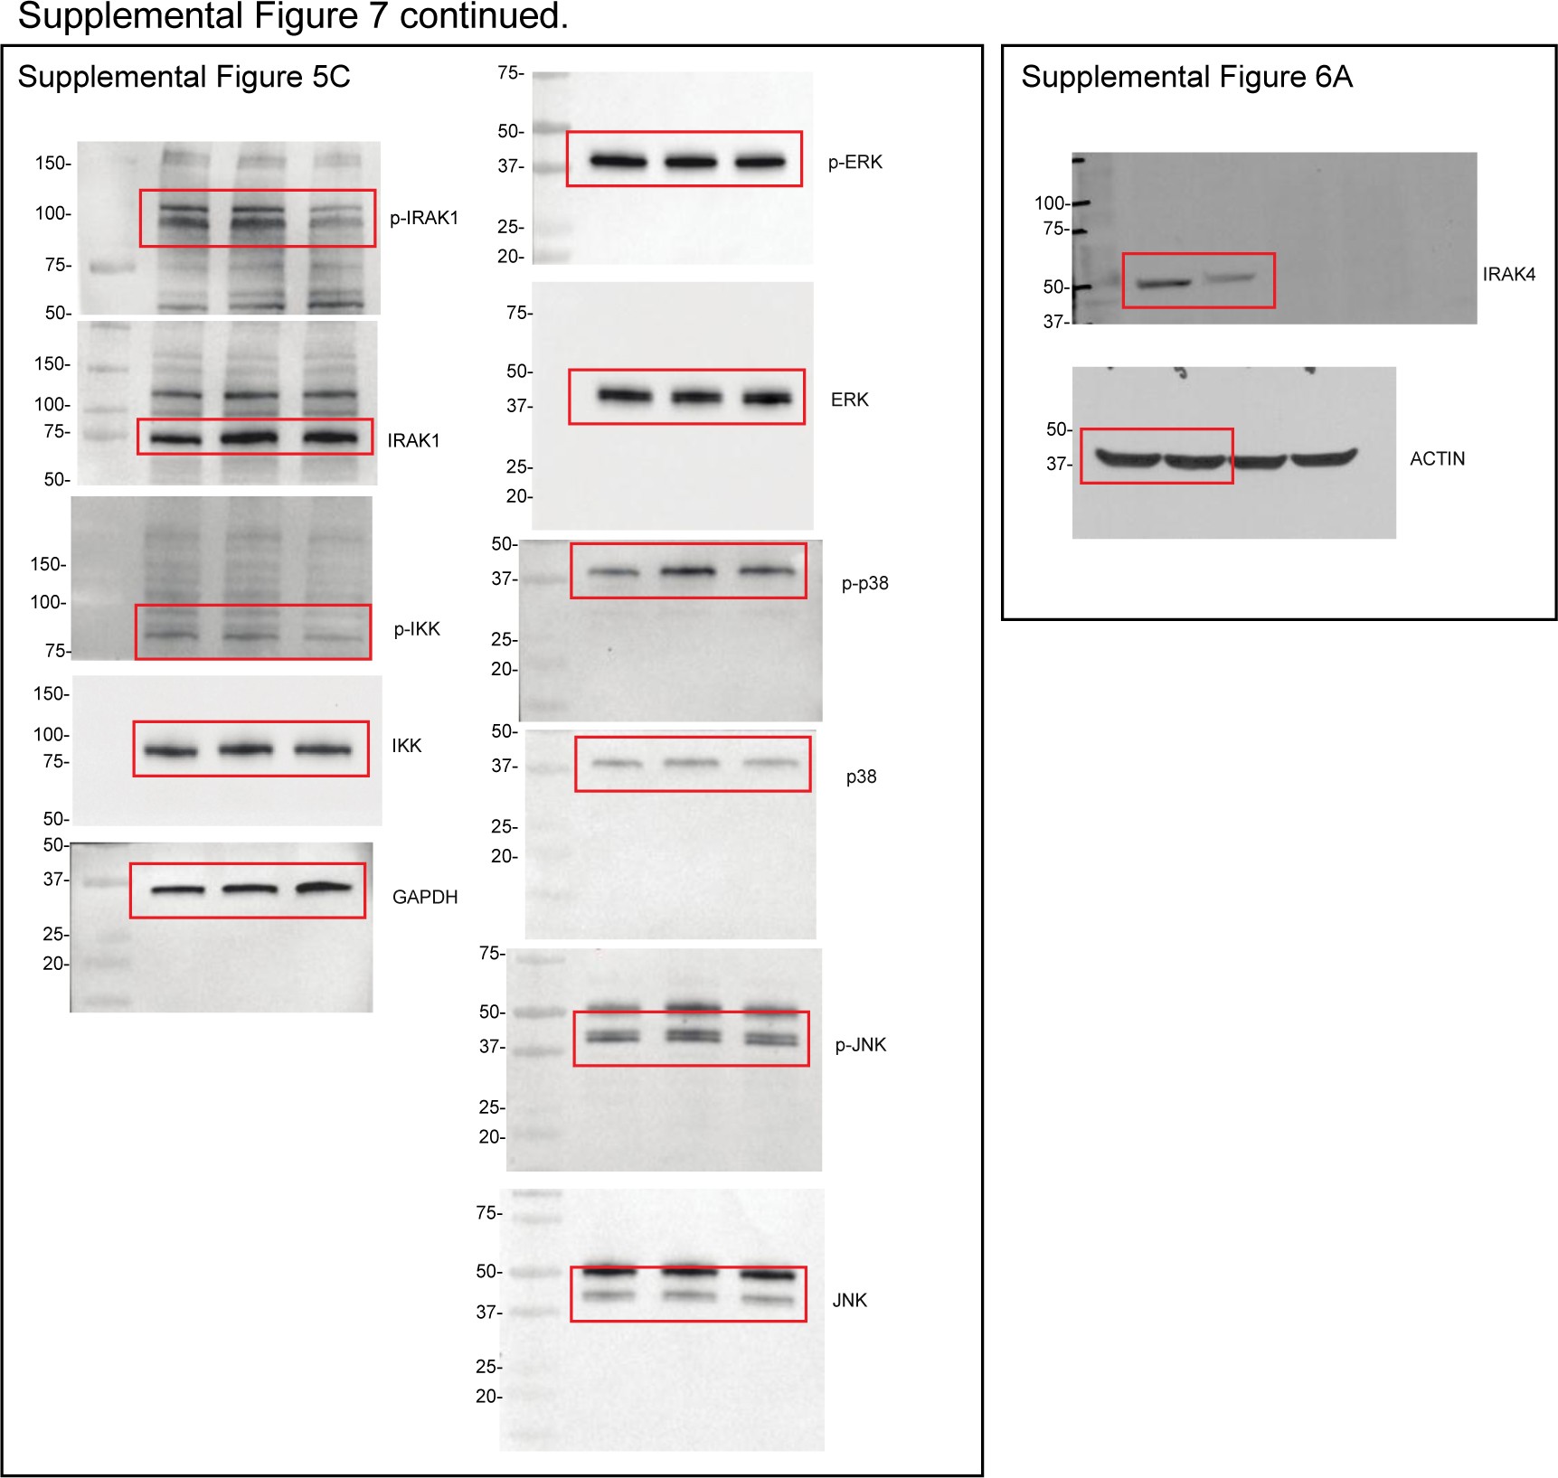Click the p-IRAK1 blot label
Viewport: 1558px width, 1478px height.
[x=423, y=218]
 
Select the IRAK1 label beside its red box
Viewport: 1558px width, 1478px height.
[x=413, y=440]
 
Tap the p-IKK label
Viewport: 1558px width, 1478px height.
[x=416, y=629]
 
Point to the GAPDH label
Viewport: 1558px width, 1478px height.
[x=424, y=897]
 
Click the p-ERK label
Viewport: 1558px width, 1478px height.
[x=855, y=163]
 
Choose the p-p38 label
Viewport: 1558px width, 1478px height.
[x=864, y=583]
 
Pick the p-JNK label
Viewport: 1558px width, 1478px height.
[x=860, y=1045]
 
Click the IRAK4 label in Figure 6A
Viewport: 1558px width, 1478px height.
[x=1508, y=275]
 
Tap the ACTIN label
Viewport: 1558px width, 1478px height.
[x=1437, y=459]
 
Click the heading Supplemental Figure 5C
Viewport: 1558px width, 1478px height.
[x=184, y=77]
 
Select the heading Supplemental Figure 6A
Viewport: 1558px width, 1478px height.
[x=1186, y=77]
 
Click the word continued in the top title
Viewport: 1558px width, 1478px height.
[x=483, y=16]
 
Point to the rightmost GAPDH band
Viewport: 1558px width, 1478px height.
[x=324, y=888]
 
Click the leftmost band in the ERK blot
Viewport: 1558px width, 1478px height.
[x=625, y=396]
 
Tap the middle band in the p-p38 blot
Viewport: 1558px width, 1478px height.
[x=688, y=571]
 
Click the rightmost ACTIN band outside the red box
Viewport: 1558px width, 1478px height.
[x=1325, y=458]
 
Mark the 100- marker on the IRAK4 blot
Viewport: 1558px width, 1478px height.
[x=1052, y=203]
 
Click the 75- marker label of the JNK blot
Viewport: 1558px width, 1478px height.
[x=488, y=1212]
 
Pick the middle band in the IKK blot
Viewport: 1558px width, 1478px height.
[x=245, y=749]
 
